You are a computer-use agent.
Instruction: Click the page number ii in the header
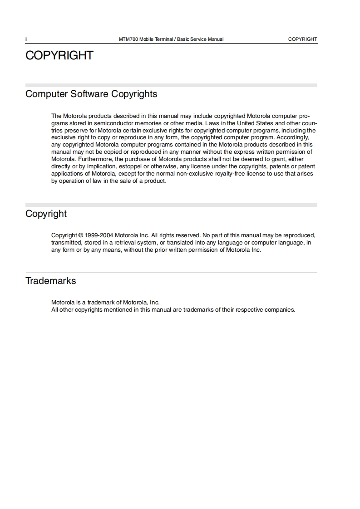tap(27, 39)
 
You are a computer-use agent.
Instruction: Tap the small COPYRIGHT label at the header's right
tap(302, 39)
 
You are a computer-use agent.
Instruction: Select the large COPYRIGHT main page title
tap(59, 55)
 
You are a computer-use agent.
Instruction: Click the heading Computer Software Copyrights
tap(91, 94)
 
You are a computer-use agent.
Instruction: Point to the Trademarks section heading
tap(51, 281)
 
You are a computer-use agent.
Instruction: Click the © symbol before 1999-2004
tap(81, 235)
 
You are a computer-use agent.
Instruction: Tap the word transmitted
tap(67, 243)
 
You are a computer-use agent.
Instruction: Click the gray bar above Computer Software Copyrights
tap(171, 85)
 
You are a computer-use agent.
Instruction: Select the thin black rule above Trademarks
tap(171, 273)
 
